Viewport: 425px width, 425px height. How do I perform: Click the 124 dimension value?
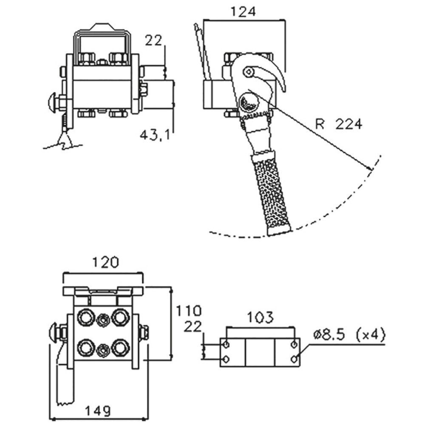pos(243,12)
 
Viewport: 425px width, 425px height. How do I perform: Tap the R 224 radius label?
pos(339,124)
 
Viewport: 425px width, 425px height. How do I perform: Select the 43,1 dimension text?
pos(155,135)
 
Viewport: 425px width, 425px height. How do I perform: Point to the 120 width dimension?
pos(105,262)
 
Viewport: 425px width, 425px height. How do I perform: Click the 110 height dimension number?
pos(189,311)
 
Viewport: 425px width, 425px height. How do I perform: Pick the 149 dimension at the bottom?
pos(98,411)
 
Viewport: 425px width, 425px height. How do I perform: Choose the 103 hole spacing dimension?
pos(260,317)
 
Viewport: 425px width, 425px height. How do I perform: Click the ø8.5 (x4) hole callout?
pos(349,334)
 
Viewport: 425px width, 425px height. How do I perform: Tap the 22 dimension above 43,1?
pos(153,41)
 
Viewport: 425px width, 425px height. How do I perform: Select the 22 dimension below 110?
pos(193,326)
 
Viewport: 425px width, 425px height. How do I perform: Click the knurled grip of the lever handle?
pos(271,193)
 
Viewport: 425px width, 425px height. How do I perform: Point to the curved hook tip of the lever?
pos(282,89)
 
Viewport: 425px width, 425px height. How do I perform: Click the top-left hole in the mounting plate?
pos(226,345)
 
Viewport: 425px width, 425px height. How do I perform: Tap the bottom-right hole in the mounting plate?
pos(294,360)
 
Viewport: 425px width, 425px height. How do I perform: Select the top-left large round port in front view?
pos(86,317)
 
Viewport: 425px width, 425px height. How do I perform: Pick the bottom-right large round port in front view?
pos(120,348)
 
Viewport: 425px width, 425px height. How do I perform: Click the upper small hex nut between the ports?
pos(103,320)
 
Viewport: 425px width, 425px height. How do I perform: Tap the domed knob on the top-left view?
pos(52,102)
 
